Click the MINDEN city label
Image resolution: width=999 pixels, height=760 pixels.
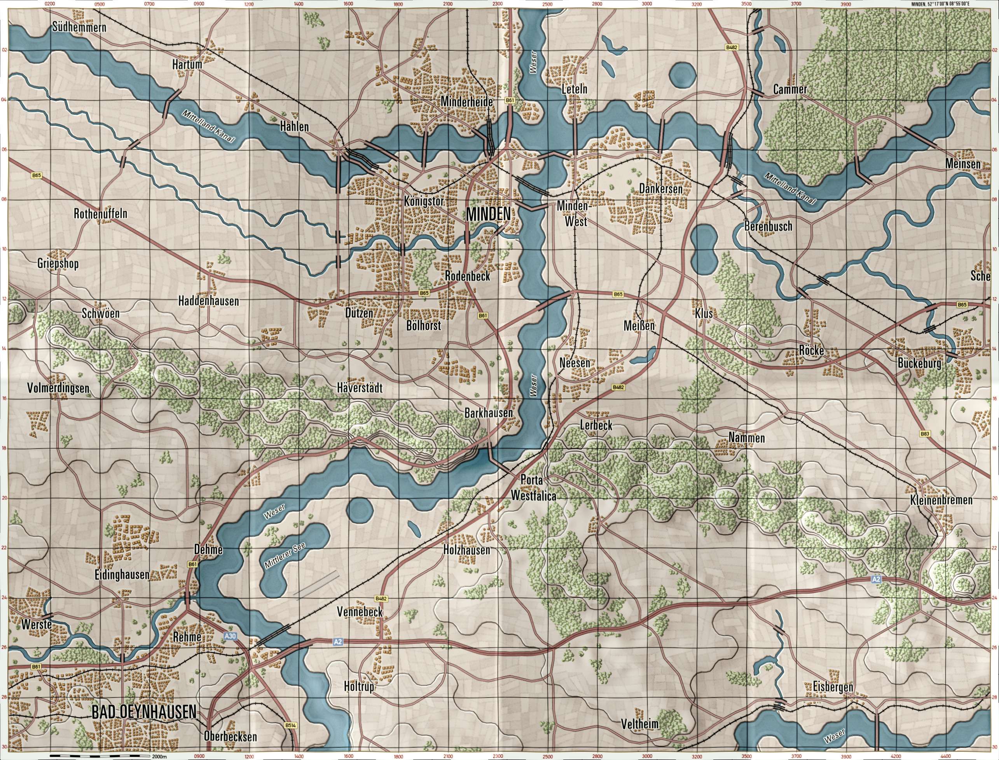click(489, 214)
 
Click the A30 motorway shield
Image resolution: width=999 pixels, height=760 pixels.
click(230, 636)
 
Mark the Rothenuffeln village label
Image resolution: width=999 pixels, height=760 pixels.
click(101, 214)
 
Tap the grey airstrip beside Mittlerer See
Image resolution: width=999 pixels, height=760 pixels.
click(316, 583)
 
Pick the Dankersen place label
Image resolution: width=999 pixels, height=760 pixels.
click(660, 189)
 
